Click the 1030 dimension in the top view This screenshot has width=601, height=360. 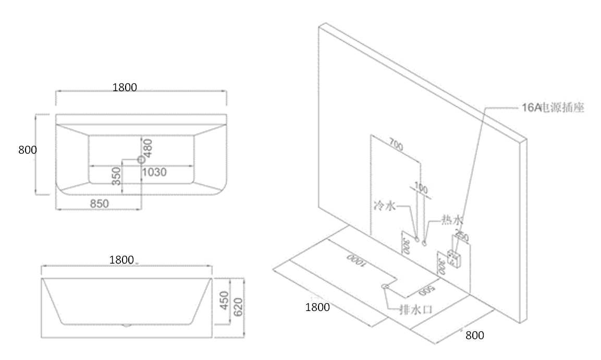(155, 172)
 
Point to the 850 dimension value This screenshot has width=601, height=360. (99, 204)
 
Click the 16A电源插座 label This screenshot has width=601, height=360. (553, 108)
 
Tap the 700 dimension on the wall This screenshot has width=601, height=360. (396, 146)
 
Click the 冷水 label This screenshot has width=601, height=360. (385, 206)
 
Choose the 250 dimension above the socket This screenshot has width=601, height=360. (462, 236)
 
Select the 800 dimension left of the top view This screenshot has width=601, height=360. (27, 150)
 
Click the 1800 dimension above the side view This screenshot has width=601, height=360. (122, 260)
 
